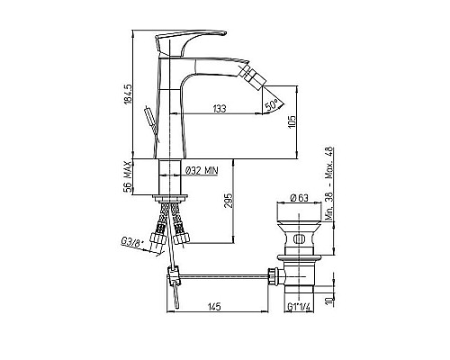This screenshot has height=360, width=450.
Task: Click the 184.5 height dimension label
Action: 128,94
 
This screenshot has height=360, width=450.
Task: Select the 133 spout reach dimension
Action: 220,109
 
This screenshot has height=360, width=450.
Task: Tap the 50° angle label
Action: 271,104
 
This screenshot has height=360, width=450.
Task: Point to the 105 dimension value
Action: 292,122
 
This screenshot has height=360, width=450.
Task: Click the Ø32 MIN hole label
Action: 202,170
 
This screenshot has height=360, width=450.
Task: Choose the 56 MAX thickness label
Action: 128,176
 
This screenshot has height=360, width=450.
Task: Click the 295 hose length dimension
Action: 229,200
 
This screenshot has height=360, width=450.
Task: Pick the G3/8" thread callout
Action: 130,242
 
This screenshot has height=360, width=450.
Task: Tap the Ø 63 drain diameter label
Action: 299,198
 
